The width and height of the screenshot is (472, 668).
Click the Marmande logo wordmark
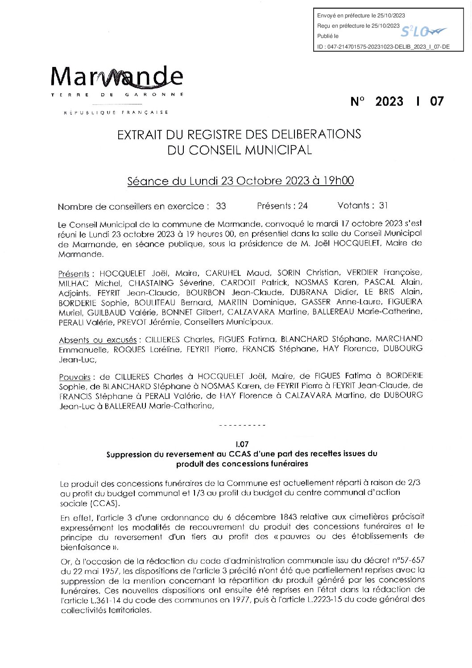point(117,77)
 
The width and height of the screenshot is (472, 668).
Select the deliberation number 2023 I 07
point(397,102)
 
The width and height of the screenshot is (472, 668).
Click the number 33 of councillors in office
point(221,206)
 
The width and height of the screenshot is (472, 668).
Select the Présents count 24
point(303,206)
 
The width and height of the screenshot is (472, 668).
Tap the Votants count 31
point(383,205)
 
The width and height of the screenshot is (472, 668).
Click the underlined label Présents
point(74,274)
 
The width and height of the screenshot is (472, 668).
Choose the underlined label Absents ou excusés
point(98,340)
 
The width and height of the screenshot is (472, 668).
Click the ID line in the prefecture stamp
point(383,46)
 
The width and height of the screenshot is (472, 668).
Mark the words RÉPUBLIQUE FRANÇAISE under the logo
point(116,112)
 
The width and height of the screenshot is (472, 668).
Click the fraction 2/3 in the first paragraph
point(414,482)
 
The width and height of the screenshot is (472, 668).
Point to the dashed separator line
point(243,425)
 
